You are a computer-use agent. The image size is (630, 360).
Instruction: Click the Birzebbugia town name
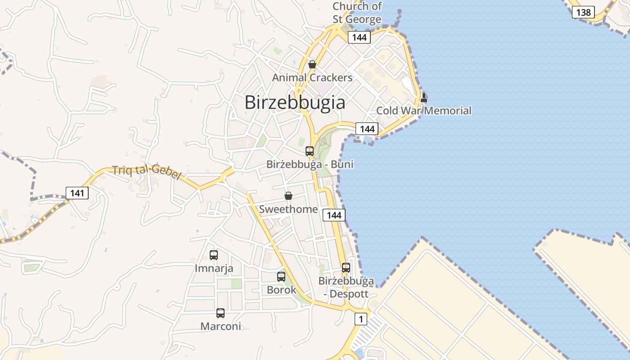pyautogui.click(x=295, y=103)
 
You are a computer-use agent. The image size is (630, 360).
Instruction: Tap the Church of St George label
pyautogui.click(x=357, y=13)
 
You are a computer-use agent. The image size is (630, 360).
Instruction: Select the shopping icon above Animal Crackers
pyautogui.click(x=312, y=64)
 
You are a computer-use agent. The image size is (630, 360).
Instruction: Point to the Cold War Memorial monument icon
pyautogui.click(x=423, y=97)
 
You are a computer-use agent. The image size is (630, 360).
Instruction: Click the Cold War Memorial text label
pyautogui.click(x=423, y=111)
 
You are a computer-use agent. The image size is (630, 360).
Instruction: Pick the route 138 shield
pyautogui.click(x=583, y=12)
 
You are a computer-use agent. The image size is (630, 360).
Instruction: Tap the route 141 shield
pyautogui.click(x=77, y=193)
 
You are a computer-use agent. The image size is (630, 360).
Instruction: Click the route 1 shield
pyautogui.click(x=360, y=319)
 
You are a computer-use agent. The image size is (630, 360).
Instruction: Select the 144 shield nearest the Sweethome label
pyautogui.click(x=334, y=215)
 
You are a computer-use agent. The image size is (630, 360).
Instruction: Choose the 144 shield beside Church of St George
pyautogui.click(x=359, y=37)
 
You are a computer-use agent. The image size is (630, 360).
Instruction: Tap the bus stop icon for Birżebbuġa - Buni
pyautogui.click(x=310, y=151)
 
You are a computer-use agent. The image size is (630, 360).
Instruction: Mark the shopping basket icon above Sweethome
pyautogui.click(x=288, y=196)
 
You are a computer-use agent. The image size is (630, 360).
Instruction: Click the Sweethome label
pyautogui.click(x=288, y=209)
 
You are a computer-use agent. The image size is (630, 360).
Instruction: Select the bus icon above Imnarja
pyautogui.click(x=214, y=255)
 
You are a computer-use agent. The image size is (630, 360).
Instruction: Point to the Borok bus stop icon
pyautogui.click(x=281, y=276)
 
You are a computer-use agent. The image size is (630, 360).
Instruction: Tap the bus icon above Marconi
pyautogui.click(x=220, y=313)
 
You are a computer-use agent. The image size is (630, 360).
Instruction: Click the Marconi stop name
pyautogui.click(x=220, y=327)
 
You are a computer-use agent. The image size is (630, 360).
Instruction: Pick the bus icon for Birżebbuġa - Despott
pyautogui.click(x=346, y=267)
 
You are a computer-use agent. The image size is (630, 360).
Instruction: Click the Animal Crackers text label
pyautogui.click(x=312, y=78)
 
